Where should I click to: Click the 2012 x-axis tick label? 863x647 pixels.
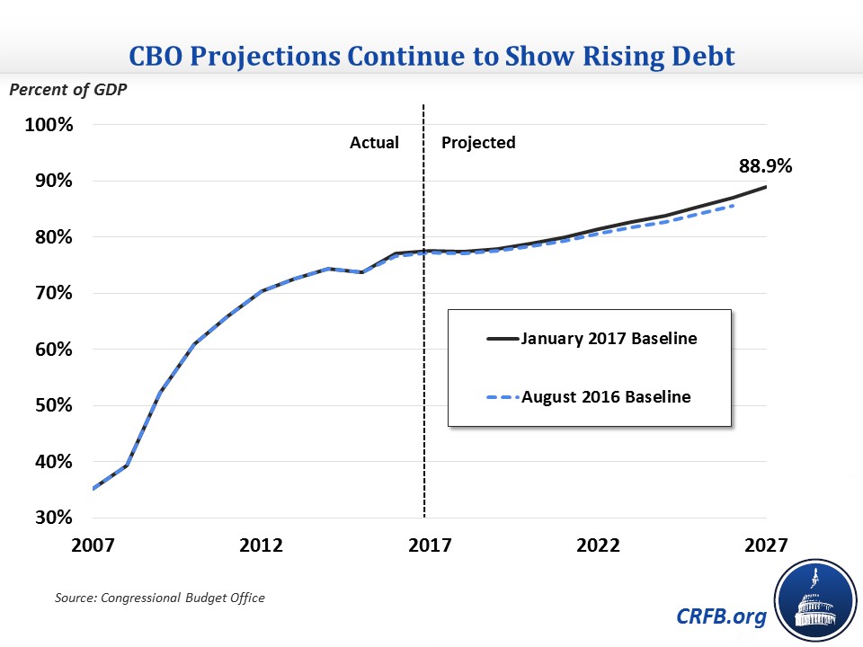(x=262, y=545)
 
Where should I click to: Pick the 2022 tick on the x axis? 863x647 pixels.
(x=599, y=545)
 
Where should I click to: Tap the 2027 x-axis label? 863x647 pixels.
(x=766, y=545)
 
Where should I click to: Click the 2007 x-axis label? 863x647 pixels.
(x=93, y=545)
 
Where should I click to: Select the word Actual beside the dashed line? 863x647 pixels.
(x=374, y=143)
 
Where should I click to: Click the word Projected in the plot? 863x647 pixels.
(x=478, y=143)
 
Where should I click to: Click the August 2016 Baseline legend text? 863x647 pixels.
(x=606, y=396)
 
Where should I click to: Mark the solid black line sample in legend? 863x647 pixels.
(x=502, y=340)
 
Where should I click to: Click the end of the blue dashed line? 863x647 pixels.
(x=733, y=206)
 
